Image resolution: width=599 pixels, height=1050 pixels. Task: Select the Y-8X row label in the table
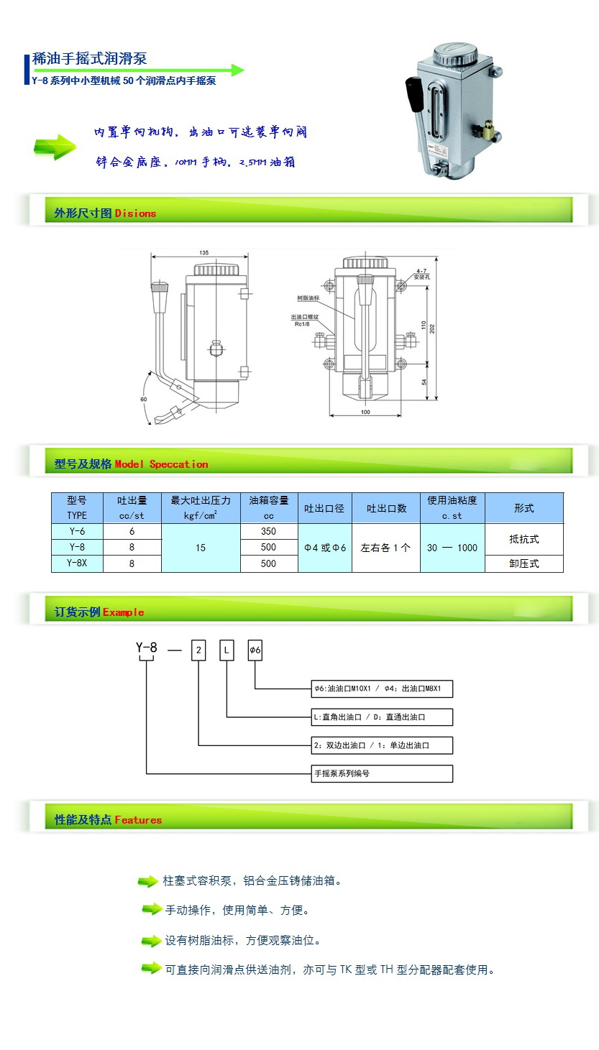pos(77,563)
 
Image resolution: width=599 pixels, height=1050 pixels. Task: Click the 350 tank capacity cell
pos(268,531)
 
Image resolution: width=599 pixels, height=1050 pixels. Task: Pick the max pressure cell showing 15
pos(200,548)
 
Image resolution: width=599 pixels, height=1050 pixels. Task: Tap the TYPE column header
pos(77,515)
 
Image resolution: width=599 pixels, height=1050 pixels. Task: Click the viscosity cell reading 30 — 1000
pos(452,548)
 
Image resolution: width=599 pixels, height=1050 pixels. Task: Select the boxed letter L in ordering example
pos(227,651)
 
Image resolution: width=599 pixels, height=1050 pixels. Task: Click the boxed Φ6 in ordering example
pos(255,651)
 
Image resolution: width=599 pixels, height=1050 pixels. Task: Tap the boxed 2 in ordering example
pos(198,651)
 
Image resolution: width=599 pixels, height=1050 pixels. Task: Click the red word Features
pos(138,820)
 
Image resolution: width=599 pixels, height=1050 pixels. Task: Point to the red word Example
pos(123,612)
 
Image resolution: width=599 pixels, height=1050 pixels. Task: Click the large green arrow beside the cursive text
pos(55,147)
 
